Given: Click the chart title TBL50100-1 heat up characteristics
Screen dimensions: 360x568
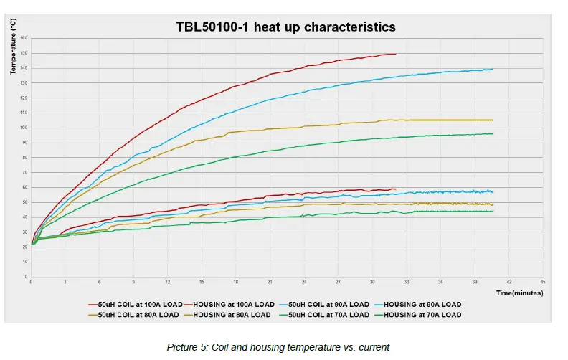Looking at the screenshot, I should pos(285,27).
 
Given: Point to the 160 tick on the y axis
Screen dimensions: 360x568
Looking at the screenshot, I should pos(24,38).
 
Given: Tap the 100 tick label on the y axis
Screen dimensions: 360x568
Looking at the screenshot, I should pos(24,128).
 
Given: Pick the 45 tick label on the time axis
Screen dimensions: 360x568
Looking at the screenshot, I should pos(543,283).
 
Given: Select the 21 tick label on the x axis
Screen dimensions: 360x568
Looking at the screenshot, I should pos(270,283).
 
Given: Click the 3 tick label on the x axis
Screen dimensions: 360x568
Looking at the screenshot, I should pos(65,283).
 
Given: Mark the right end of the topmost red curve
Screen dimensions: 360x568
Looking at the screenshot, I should pos(395,54).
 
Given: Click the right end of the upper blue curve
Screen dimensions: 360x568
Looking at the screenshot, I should pos(493,69).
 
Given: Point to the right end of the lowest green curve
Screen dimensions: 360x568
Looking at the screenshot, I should pos(493,211).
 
